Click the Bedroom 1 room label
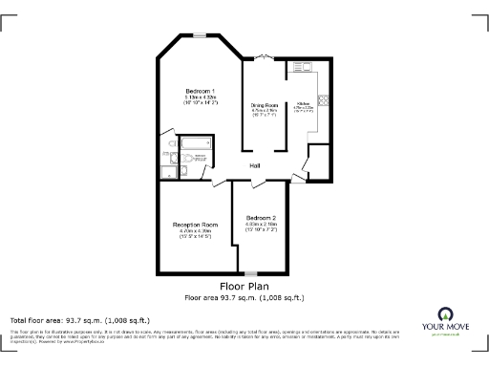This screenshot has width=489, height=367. tap(200, 90)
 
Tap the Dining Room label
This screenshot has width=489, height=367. tap(264, 104)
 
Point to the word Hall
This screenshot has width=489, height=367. tap(256, 166)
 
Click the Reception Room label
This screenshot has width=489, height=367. tap(188, 225)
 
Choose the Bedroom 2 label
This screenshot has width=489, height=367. tap(262, 217)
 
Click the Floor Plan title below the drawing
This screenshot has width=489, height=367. tap(244, 286)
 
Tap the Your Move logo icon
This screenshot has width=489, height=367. tap(446, 316)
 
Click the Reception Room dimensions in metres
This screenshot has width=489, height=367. tap(188, 231)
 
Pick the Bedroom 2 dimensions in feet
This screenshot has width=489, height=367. tap(262, 231)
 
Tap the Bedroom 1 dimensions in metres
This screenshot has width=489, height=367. tap(200, 97)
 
